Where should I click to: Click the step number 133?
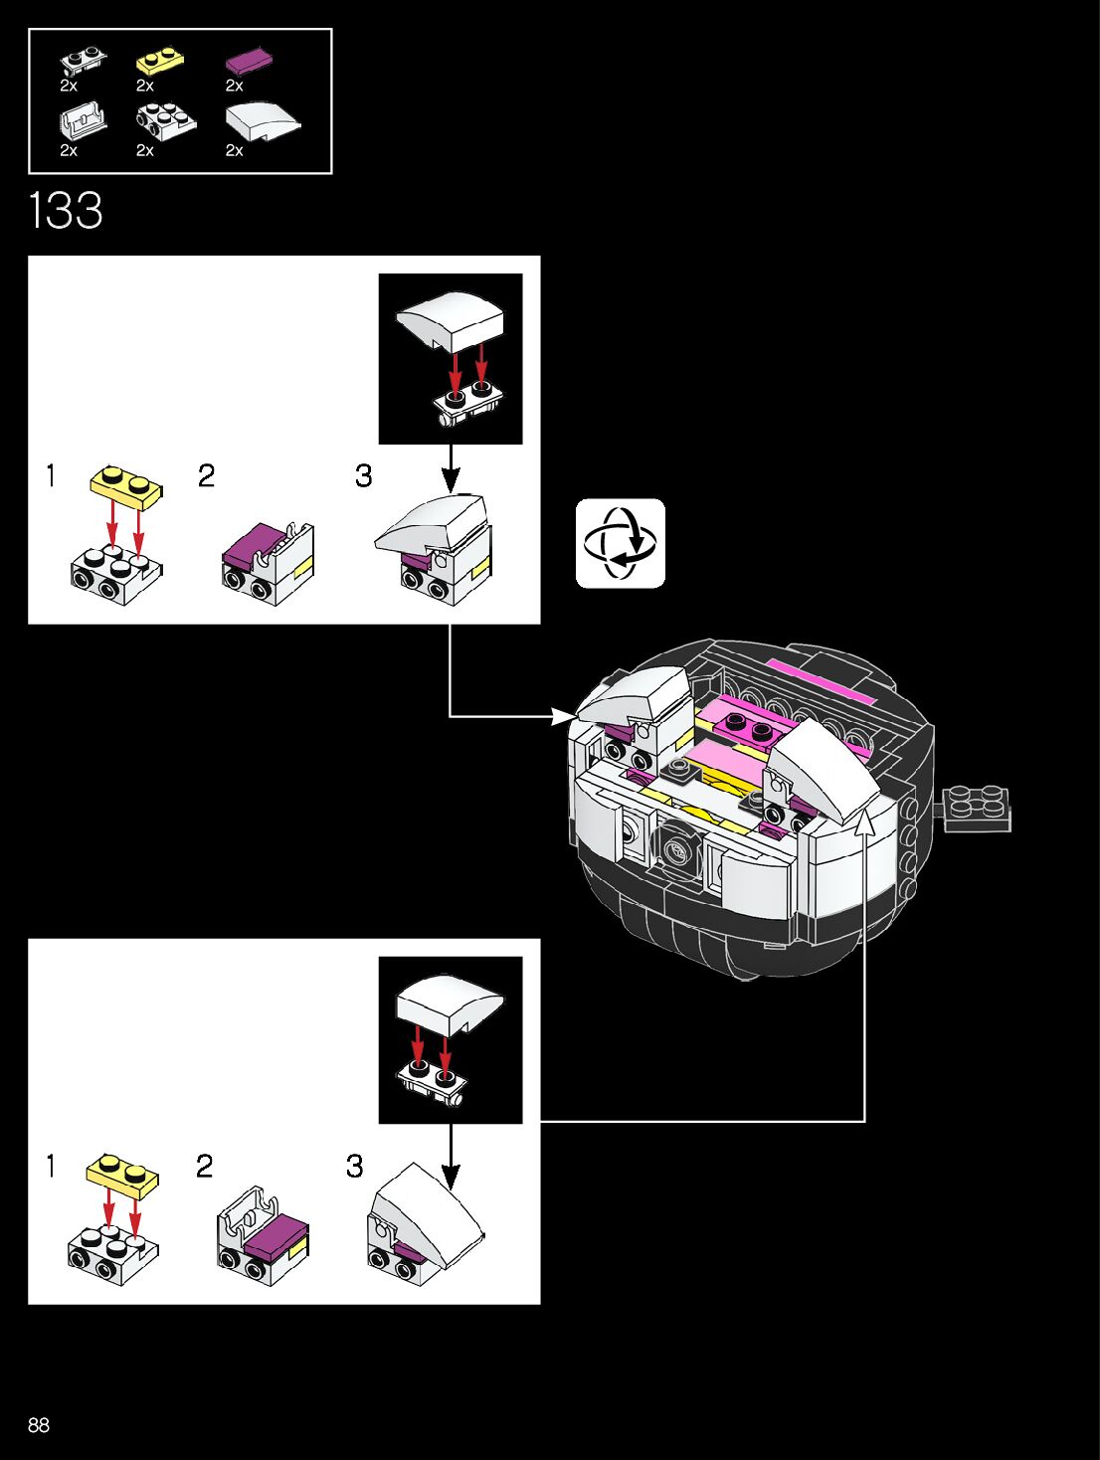pos(66,211)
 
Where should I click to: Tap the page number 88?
pos(39,1424)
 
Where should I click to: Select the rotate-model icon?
pos(620,543)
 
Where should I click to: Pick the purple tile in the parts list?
pos(249,61)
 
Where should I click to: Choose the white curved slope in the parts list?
pos(262,120)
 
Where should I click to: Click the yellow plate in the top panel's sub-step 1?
pos(126,482)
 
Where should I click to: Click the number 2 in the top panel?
pos(206,475)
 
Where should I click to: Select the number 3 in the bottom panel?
pos(354,1166)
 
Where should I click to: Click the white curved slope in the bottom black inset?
pos(450,1002)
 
